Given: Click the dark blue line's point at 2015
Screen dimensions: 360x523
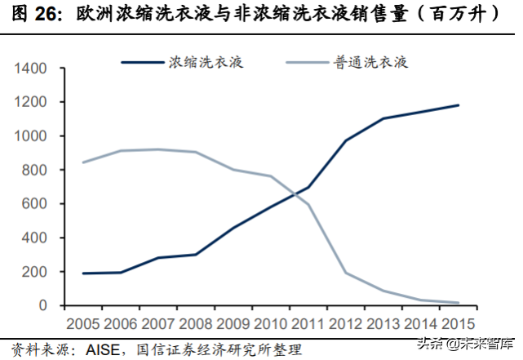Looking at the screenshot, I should tap(458, 105).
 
